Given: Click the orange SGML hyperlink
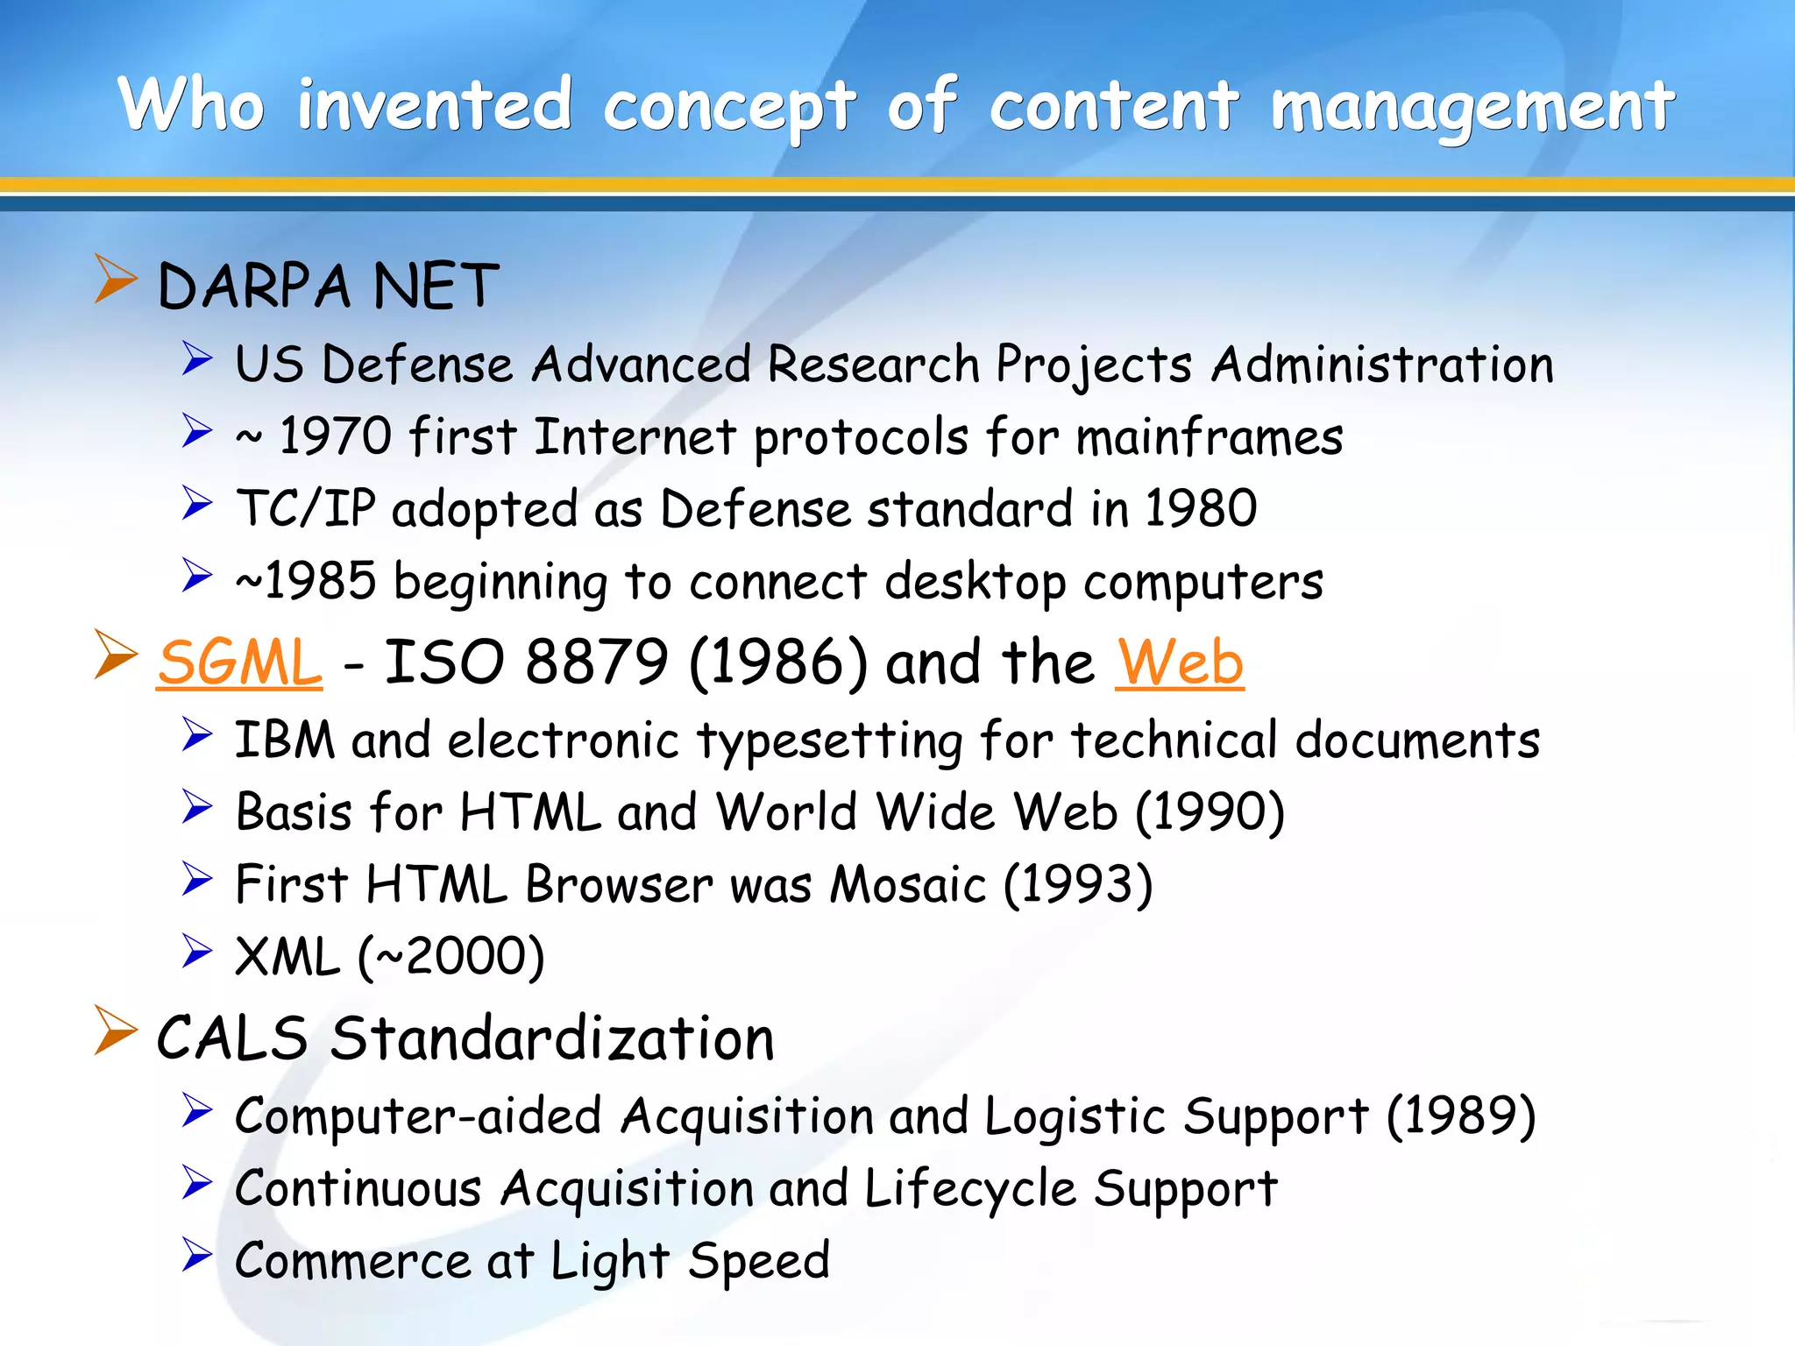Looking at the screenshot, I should (239, 662).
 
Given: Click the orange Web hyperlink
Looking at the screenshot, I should (1179, 662).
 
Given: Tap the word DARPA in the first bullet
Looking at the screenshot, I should (254, 287).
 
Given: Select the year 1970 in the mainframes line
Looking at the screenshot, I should (335, 436).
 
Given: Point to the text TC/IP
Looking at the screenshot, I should (306, 508).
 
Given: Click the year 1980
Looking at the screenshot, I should (1200, 508).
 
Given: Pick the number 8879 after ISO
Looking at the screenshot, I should (597, 662).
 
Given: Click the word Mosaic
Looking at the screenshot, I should (907, 884).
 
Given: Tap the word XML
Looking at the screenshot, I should (287, 956).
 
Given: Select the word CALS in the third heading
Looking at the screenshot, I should (232, 1038).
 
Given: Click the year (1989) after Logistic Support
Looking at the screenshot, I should (1461, 1116).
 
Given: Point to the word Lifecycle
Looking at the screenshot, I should (969, 1189).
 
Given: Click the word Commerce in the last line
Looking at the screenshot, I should (352, 1261).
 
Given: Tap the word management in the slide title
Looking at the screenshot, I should (1472, 106).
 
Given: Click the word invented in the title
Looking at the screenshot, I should (435, 106).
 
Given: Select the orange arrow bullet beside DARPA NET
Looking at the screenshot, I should (115, 280).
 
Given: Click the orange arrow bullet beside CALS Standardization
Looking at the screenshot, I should (115, 1031).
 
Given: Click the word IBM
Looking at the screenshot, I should (285, 740).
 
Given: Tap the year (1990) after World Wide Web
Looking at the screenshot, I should (1210, 812).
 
